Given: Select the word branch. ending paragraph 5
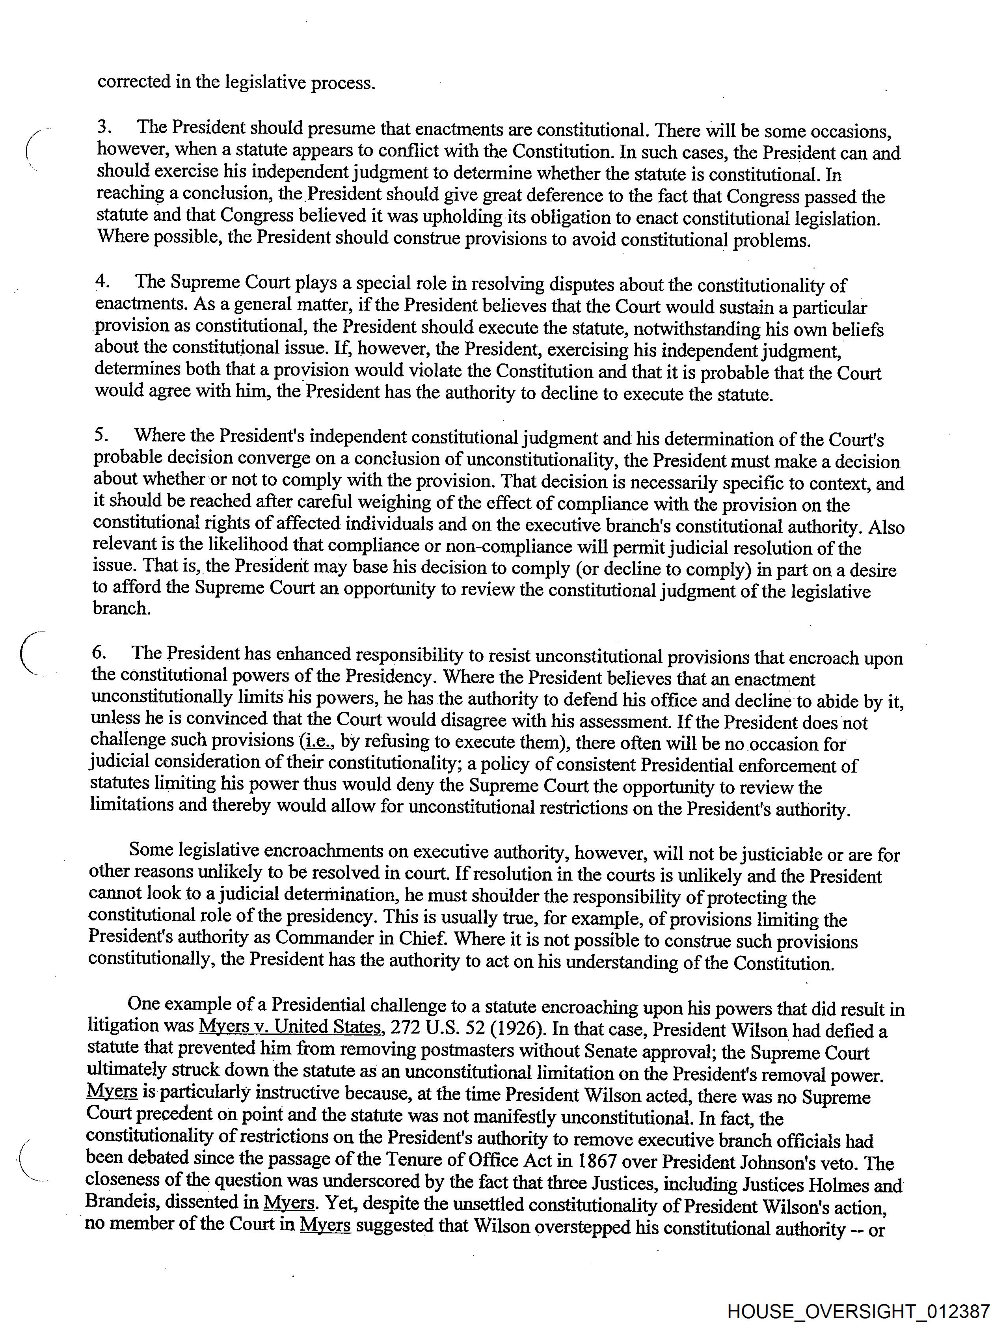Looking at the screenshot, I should [x=121, y=608].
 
